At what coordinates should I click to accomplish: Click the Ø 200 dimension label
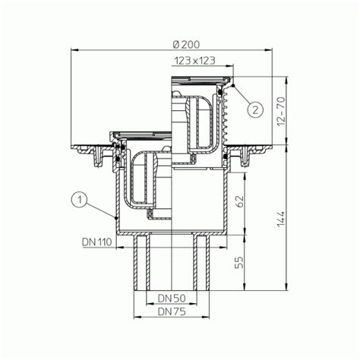click(x=186, y=45)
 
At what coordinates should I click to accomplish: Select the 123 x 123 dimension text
click(x=194, y=61)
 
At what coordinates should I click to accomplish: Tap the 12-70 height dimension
click(x=281, y=111)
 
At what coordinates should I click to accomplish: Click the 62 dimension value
click(x=239, y=201)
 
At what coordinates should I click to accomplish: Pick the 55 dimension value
click(x=239, y=262)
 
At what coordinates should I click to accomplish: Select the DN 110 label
click(x=96, y=242)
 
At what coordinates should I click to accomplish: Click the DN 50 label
click(x=172, y=298)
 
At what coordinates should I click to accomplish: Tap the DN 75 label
click(x=172, y=311)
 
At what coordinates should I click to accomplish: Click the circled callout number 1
click(x=79, y=201)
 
